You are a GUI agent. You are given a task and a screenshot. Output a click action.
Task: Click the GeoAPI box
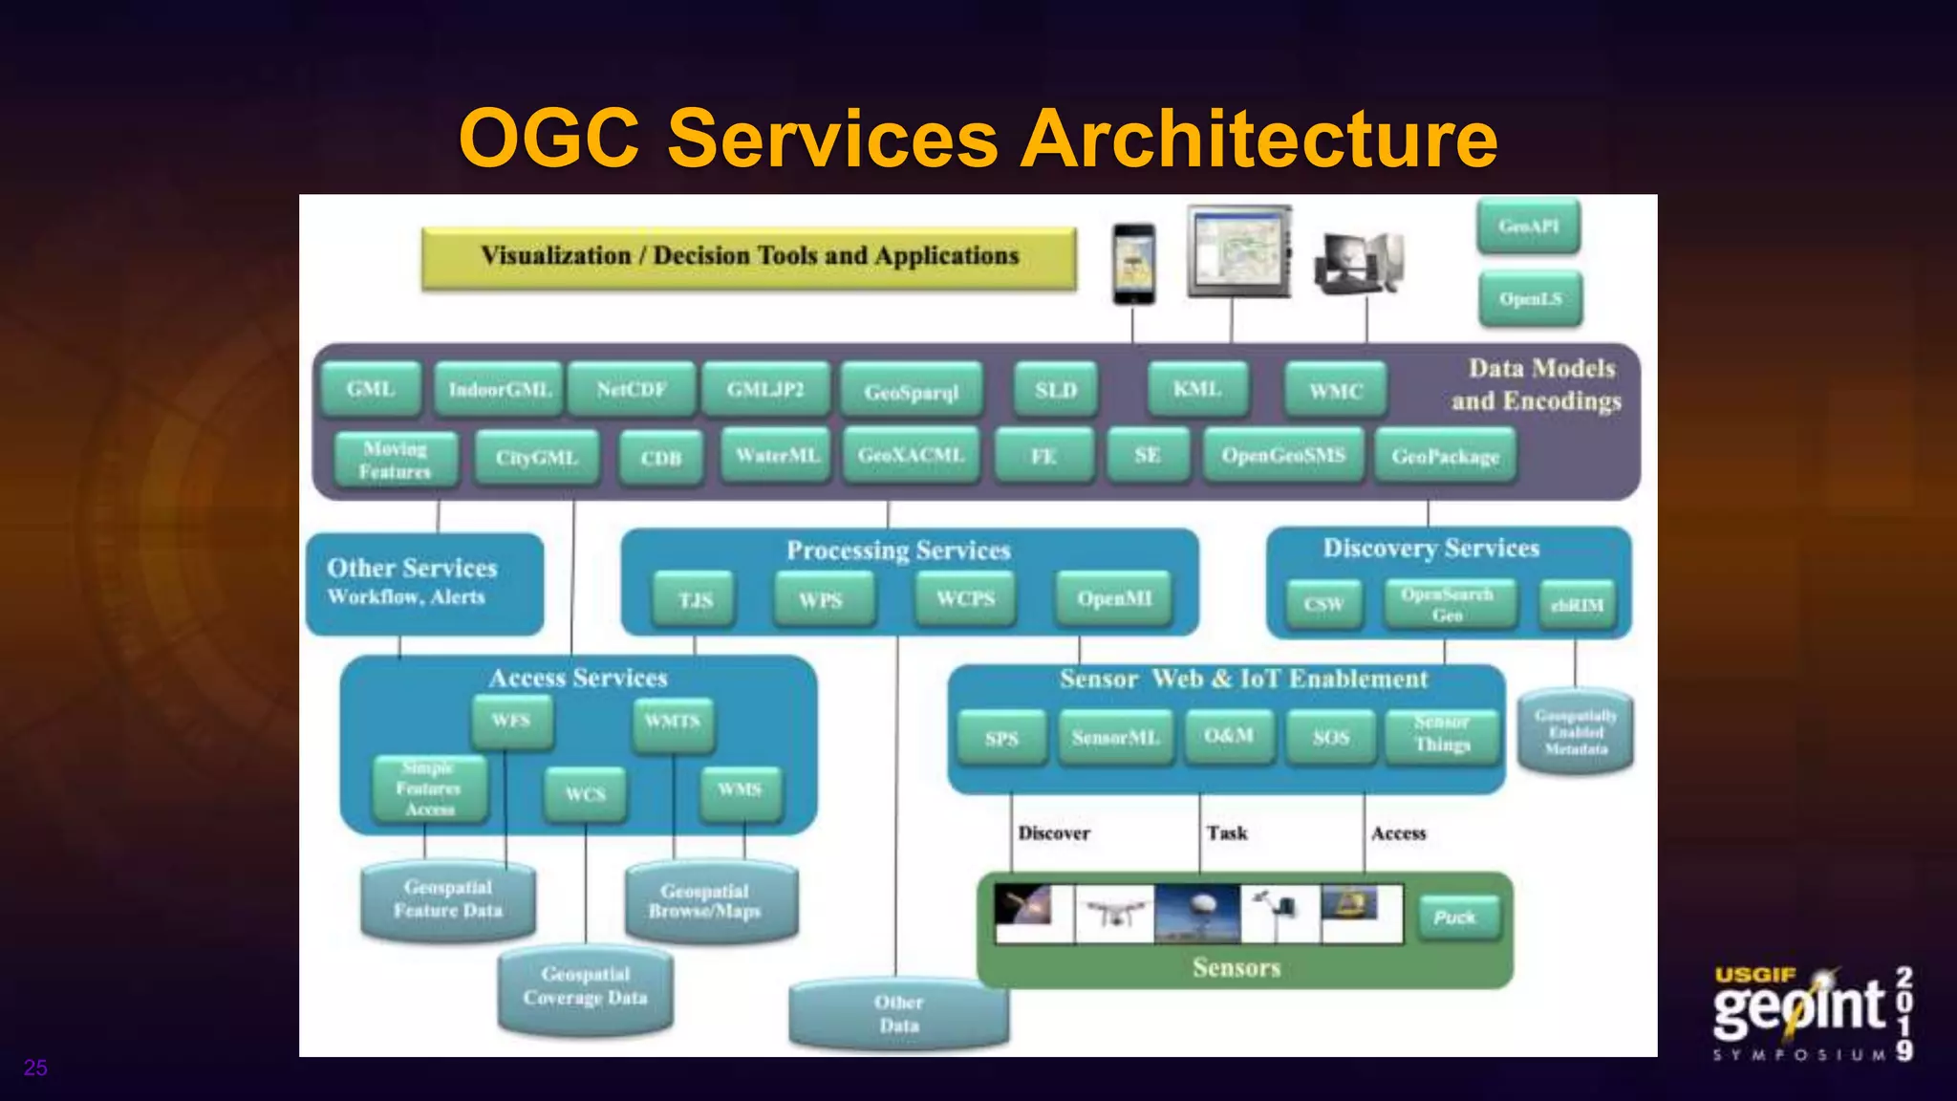[x=1528, y=227]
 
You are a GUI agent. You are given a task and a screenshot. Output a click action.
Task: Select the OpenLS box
[x=1530, y=299]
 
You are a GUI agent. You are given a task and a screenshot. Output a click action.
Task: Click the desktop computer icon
[x=1359, y=263]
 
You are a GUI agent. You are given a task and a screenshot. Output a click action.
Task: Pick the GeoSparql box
[x=911, y=392]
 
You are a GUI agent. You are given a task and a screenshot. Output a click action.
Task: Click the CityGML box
[x=537, y=458]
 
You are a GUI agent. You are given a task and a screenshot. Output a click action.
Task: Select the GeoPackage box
[x=1445, y=457]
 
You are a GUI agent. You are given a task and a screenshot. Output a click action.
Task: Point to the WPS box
[x=822, y=600]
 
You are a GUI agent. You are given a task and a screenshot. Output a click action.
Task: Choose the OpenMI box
[x=1114, y=599]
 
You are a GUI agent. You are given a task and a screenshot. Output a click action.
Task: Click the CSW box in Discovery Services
[x=1323, y=604]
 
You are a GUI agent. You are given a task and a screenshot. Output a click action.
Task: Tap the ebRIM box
[x=1577, y=604]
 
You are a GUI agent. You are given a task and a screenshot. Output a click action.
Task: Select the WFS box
[x=511, y=721]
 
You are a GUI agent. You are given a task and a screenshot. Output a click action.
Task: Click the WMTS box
[x=673, y=722]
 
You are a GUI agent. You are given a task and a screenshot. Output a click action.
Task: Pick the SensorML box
[x=1115, y=738]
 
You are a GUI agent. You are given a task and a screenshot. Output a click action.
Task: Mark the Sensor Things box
[x=1442, y=734]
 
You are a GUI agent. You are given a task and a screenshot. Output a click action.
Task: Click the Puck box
[x=1456, y=917]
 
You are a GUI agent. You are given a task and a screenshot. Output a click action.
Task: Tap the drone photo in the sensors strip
[x=1114, y=914]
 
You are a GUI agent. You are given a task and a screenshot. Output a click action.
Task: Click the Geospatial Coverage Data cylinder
[x=585, y=987]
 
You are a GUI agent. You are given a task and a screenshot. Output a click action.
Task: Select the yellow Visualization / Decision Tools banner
[x=749, y=257]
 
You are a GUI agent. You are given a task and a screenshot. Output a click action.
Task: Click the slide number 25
[x=35, y=1068]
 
